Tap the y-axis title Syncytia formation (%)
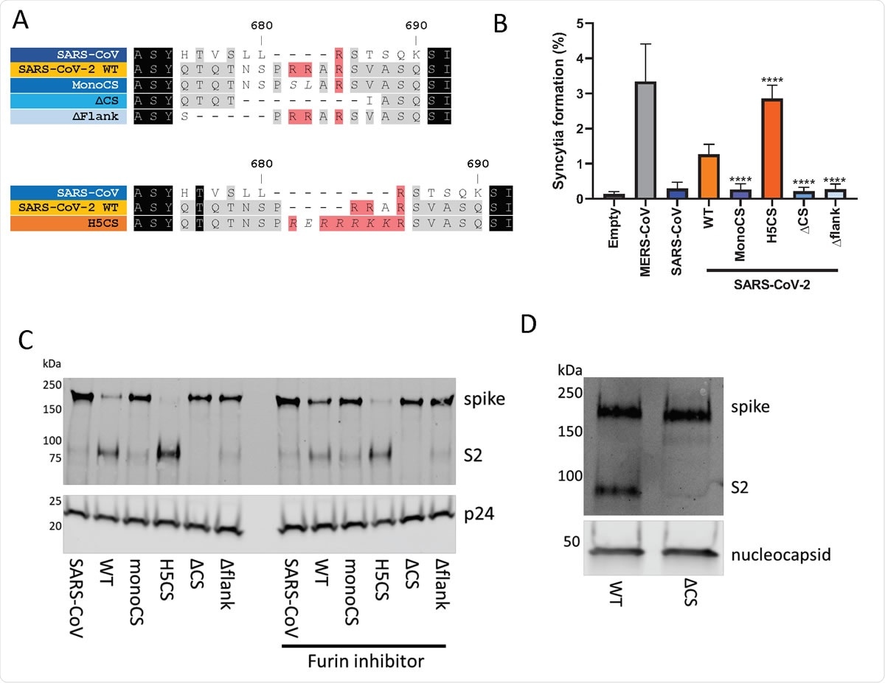(x=560, y=111)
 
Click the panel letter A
(x=22, y=21)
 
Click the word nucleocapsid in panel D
(x=786, y=554)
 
